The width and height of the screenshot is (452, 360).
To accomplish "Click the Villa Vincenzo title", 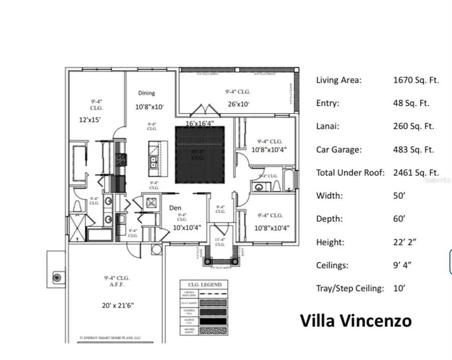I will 356,321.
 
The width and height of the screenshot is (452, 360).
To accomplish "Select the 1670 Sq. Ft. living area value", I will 416,80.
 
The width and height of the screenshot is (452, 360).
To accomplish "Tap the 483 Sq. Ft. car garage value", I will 413,150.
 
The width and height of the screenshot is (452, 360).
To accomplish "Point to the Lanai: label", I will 327,127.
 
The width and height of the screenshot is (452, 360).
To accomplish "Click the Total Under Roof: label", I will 350,173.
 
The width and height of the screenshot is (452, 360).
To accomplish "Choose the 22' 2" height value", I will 404,242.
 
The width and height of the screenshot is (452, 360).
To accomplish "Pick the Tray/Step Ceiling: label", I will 350,288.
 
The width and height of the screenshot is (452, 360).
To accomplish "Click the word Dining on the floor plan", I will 147,93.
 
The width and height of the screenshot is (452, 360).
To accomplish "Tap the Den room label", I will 175,207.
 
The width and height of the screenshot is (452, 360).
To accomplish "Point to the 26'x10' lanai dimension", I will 238,104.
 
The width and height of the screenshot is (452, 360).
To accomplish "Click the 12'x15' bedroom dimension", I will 90,121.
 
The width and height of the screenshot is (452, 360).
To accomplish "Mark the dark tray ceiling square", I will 199,155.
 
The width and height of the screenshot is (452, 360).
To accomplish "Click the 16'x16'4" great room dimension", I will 200,123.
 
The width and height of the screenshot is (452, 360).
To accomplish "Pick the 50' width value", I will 399,196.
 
